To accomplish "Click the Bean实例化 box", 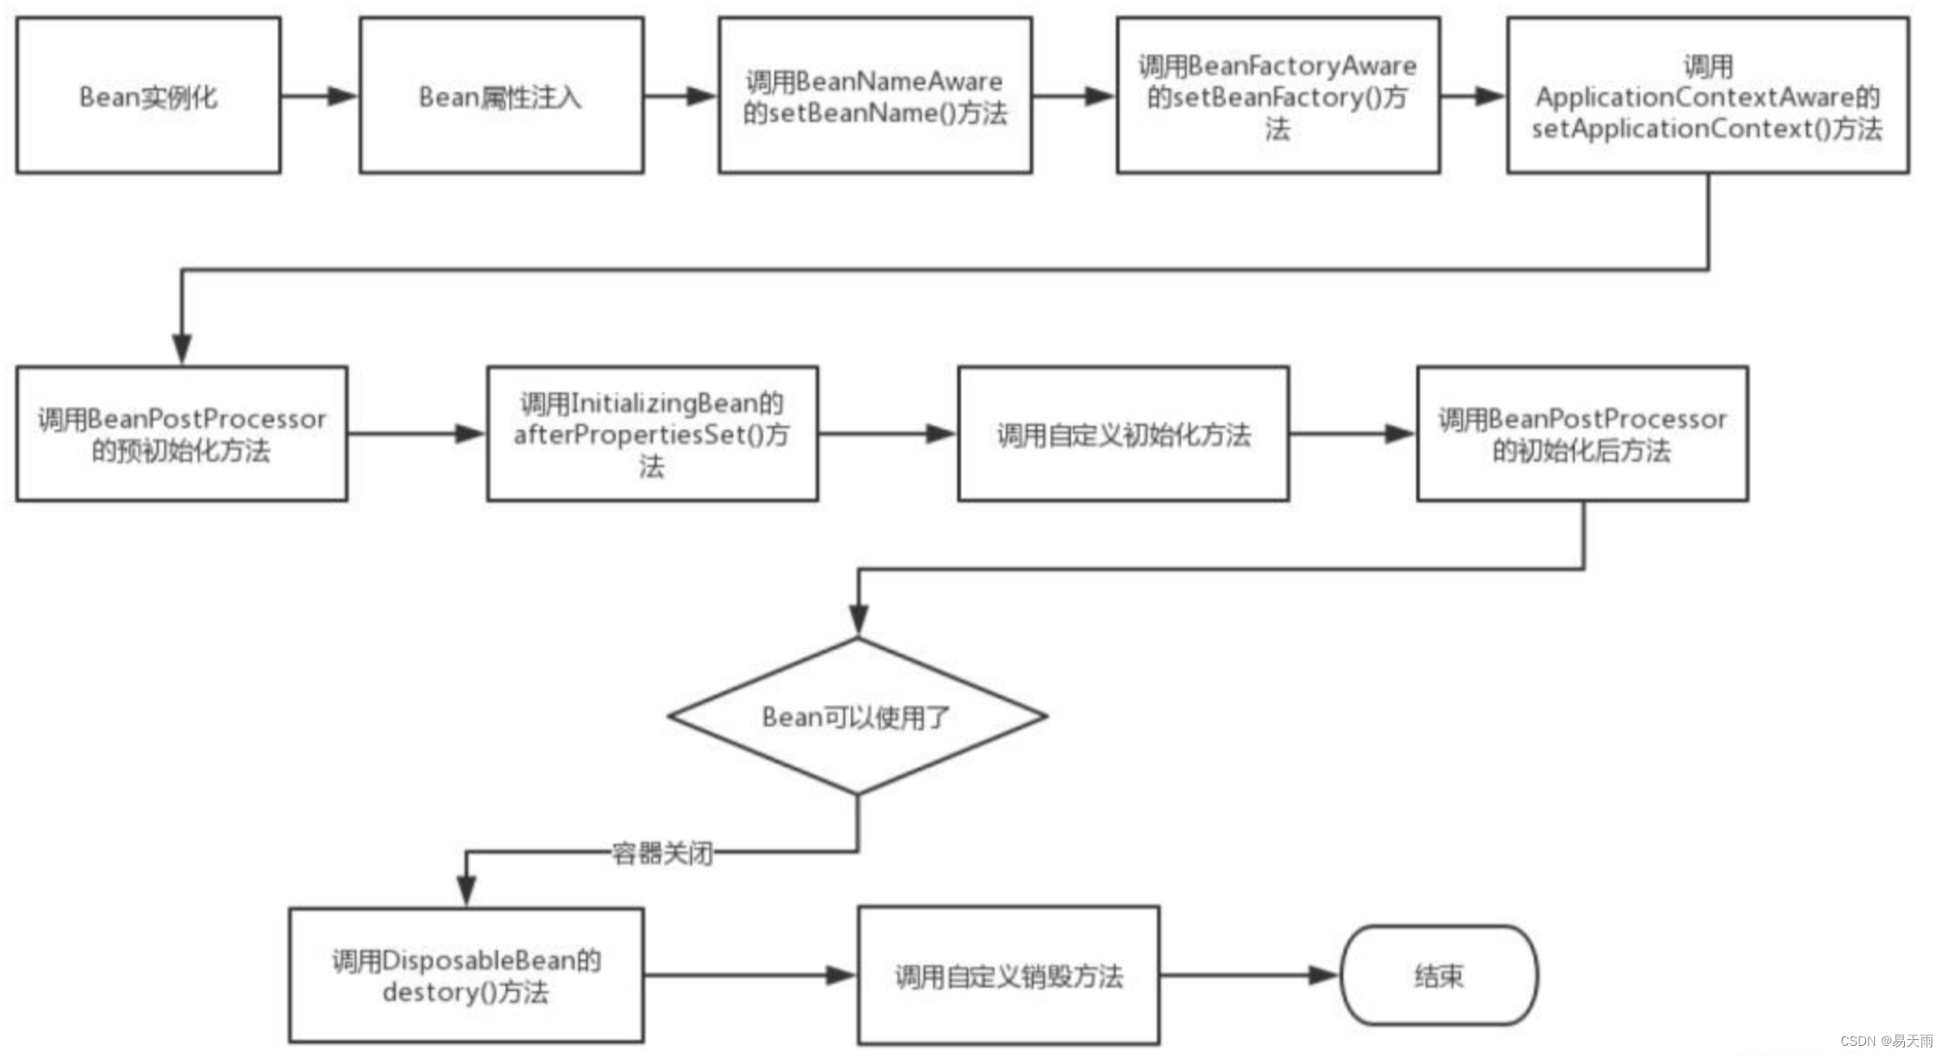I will [x=148, y=95].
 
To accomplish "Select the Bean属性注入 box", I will [x=501, y=95].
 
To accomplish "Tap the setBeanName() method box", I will [x=875, y=95].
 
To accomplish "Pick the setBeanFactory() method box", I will [x=1277, y=95].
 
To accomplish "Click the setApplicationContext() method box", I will [x=1707, y=95].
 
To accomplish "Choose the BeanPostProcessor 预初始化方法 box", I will [x=182, y=434].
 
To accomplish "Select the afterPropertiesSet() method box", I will [x=652, y=434].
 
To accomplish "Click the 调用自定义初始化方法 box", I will [x=1123, y=434].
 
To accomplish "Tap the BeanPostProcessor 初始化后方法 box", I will [x=1582, y=434].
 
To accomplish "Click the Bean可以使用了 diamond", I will [x=857, y=716].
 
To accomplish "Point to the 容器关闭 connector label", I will [x=662, y=853].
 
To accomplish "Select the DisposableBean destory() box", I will [x=466, y=975].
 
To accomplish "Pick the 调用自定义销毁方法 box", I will [x=1009, y=975].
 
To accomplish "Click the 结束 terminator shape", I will [x=1439, y=976].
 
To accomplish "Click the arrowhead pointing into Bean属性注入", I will [x=343, y=95].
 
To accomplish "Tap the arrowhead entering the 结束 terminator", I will [x=1325, y=976].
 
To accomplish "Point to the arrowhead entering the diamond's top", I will [x=858, y=620].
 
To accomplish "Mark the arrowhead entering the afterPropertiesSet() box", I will [x=470, y=434].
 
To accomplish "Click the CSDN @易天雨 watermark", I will [x=1886, y=1041].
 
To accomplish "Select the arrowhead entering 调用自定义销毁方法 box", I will [x=842, y=976].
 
